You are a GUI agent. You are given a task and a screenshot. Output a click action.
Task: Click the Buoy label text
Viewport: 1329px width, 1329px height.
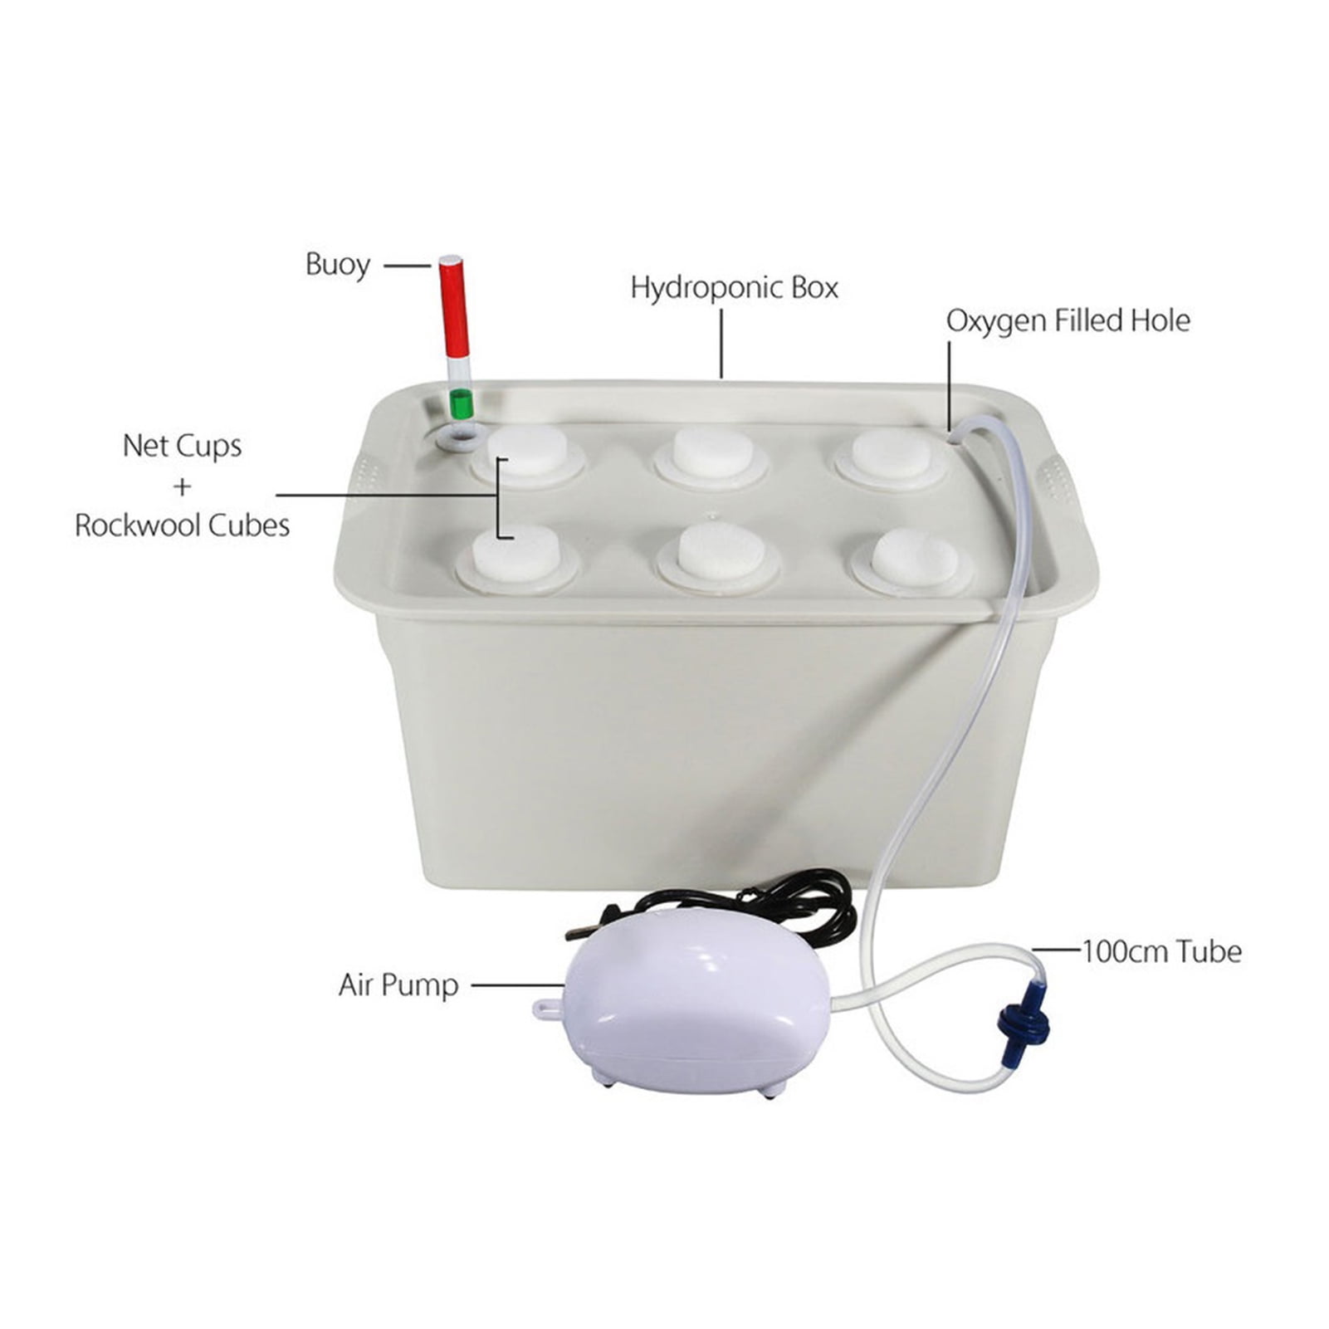337,266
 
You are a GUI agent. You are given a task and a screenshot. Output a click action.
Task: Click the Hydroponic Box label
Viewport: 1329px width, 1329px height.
734,288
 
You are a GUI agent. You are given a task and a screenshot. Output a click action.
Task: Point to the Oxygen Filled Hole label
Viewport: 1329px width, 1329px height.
1068,320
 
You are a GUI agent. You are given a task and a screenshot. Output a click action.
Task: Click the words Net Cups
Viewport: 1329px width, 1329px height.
182,446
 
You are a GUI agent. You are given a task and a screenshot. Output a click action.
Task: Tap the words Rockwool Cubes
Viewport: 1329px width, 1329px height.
182,525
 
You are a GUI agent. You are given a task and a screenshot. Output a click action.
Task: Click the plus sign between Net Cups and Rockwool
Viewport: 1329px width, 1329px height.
182,486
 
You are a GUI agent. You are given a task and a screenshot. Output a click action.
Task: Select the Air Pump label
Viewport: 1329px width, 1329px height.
398,985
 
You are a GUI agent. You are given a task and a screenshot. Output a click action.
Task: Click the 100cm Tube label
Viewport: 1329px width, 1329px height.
1161,951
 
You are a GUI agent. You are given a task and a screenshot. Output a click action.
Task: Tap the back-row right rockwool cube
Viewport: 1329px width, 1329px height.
891,453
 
